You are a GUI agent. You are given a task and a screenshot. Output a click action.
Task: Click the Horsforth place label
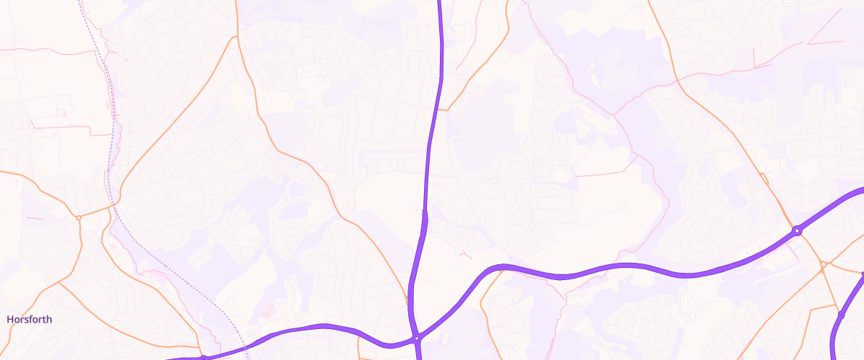click(x=30, y=319)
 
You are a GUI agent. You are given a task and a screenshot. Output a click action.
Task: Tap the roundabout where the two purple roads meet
click(x=417, y=338)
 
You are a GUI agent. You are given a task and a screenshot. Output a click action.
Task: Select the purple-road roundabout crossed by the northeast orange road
click(x=797, y=231)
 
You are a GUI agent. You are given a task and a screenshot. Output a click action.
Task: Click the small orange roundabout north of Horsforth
click(x=78, y=217)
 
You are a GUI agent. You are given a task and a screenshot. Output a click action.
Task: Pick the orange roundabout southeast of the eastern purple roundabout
click(x=824, y=265)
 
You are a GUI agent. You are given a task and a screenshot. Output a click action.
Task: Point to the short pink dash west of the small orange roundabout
click(x=33, y=217)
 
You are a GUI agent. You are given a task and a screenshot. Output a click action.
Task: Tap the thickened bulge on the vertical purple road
click(x=424, y=216)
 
